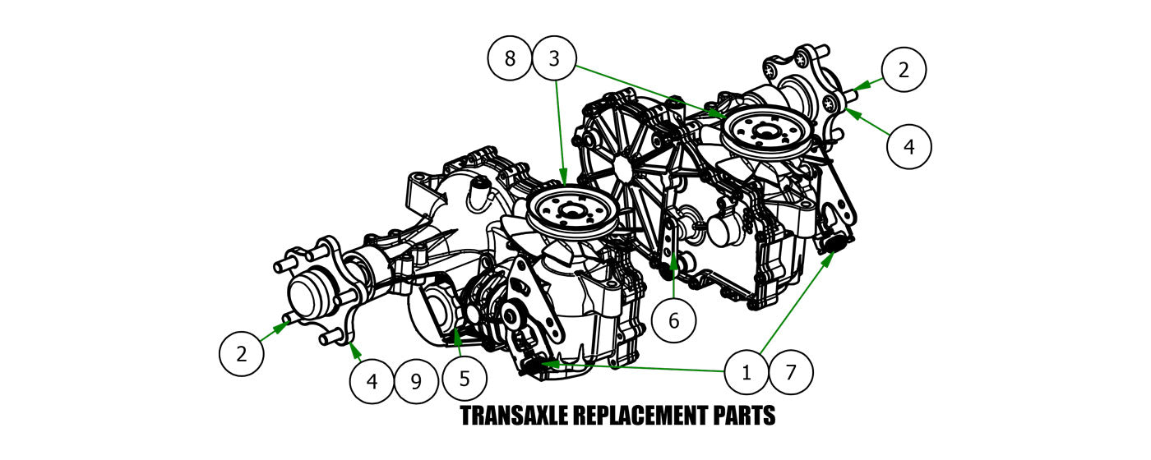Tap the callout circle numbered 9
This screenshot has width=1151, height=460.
[x=416, y=381]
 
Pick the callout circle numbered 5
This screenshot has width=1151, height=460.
[x=465, y=379]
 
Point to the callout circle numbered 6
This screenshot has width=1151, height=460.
[x=674, y=320]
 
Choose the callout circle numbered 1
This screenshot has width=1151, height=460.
[x=747, y=372]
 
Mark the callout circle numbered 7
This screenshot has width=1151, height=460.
[x=791, y=372]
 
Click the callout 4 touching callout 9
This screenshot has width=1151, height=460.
[x=372, y=381]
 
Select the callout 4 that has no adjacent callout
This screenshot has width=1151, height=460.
[x=908, y=147]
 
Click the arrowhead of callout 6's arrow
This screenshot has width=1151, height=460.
[x=674, y=261]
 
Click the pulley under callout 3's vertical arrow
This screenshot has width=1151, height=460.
[x=569, y=212]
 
